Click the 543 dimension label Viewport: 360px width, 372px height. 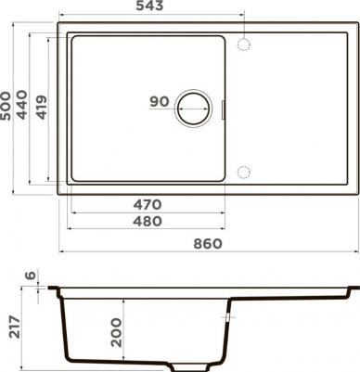(x=149, y=6)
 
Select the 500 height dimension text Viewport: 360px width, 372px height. (x=6, y=105)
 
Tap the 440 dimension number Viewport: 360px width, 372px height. (x=22, y=105)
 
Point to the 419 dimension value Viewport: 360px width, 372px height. (x=42, y=107)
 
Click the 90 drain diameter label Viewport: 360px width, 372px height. (x=160, y=101)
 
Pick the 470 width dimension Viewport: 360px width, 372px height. (x=148, y=204)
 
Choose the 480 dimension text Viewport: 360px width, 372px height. (x=148, y=221)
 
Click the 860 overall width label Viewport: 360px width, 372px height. (x=208, y=244)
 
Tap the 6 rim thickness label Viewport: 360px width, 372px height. (x=31, y=275)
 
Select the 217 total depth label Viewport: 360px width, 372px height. (x=15, y=327)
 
